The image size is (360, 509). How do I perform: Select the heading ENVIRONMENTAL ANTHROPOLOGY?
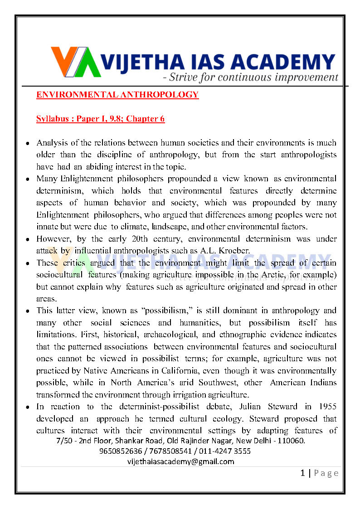[117, 95]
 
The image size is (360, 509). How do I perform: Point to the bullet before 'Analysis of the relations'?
[28, 143]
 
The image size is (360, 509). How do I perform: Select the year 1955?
[326, 407]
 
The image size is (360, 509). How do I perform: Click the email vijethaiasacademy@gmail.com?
[181, 461]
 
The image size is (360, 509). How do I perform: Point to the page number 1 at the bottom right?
[303, 473]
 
